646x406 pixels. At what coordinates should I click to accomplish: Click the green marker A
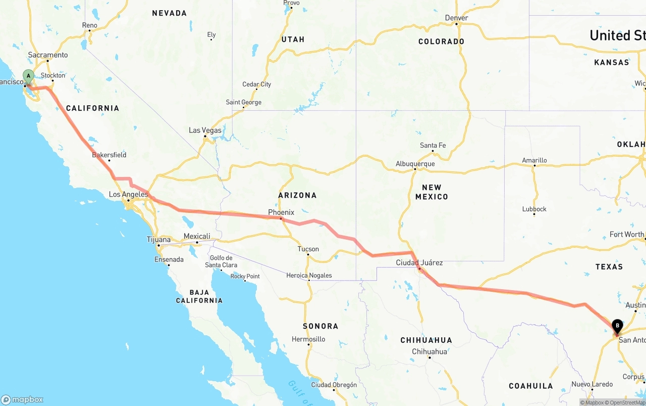[x=28, y=77]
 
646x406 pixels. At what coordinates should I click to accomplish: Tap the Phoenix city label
[x=281, y=212]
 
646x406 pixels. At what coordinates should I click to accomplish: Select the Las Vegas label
[x=205, y=130]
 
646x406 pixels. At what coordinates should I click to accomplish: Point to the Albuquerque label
[x=415, y=164]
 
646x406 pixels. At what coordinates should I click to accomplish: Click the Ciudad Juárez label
[x=419, y=262]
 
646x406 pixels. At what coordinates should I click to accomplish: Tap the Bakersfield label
[x=109, y=155]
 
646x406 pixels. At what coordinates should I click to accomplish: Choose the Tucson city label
[x=308, y=249]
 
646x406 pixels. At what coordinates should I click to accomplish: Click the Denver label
[x=456, y=18]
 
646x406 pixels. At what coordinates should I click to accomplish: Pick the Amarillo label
[x=534, y=160]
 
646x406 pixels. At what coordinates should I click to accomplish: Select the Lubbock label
[x=534, y=209]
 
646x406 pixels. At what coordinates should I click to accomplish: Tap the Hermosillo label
[x=308, y=339]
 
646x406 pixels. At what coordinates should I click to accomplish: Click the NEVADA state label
[x=169, y=13]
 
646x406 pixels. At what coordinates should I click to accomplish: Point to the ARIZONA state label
[x=297, y=195]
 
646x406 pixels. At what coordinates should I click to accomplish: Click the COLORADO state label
[x=441, y=41]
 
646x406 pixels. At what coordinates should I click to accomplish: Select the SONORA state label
[x=320, y=326]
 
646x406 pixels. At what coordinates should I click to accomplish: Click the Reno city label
[x=89, y=25]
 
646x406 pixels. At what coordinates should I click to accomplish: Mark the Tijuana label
[x=158, y=239]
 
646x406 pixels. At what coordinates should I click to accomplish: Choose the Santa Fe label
[x=433, y=146]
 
